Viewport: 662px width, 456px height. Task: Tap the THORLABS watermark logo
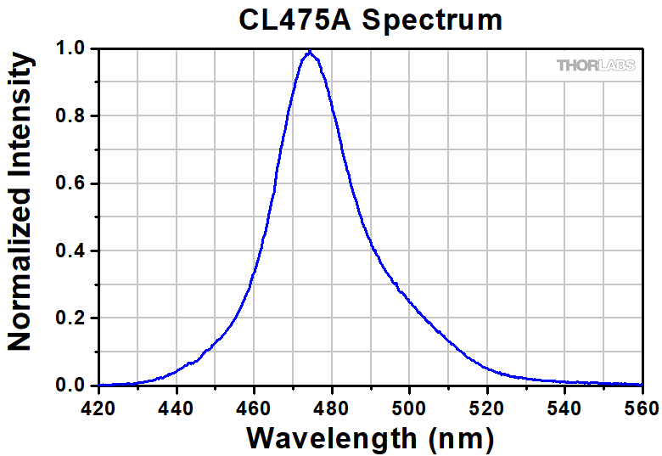[x=595, y=65]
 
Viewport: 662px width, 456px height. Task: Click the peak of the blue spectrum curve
[x=311, y=52]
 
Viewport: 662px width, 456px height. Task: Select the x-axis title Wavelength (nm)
[x=370, y=438]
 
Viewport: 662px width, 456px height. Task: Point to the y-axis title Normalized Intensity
[x=20, y=201]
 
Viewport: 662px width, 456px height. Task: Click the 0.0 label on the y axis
[x=72, y=386]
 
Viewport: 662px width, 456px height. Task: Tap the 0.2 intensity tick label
[x=72, y=318]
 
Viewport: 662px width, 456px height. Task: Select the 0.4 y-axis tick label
[x=72, y=251]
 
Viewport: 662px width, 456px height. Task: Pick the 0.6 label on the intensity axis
[x=72, y=183]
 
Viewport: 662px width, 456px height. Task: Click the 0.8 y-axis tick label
[x=72, y=116]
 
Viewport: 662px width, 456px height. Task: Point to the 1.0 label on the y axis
[x=72, y=49]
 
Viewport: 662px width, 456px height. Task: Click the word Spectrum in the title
[x=433, y=20]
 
